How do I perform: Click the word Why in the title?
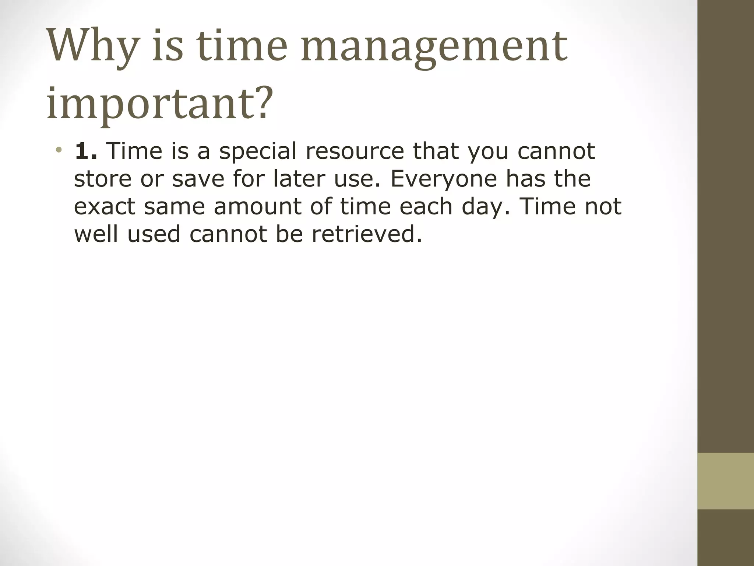pyautogui.click(x=92, y=47)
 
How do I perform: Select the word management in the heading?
pyautogui.click(x=434, y=47)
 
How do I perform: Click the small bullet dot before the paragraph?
pyautogui.click(x=59, y=150)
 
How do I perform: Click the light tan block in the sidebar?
pyautogui.click(x=725, y=481)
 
